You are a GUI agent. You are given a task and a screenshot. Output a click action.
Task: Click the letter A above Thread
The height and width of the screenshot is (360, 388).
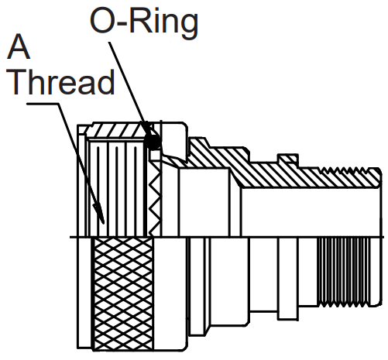(19, 46)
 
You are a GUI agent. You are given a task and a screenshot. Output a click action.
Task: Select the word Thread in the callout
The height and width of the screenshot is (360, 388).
(60, 81)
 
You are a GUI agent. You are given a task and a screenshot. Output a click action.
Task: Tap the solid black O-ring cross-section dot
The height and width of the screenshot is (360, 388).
(153, 142)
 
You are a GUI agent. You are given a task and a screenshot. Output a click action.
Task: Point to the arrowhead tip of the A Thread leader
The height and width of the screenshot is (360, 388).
(103, 224)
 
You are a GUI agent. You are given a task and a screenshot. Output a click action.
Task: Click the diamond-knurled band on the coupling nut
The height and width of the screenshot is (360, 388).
(123, 293)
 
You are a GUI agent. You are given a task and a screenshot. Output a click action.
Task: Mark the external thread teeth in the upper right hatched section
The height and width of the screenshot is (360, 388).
(343, 170)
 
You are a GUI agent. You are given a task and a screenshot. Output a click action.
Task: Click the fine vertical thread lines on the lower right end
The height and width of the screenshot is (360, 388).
(344, 272)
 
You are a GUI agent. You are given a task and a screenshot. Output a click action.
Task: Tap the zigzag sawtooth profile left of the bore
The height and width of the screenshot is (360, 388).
(155, 198)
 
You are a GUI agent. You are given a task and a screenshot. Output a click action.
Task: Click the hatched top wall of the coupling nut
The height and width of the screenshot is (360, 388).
(118, 130)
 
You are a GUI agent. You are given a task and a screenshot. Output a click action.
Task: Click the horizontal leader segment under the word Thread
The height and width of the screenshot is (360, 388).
(43, 104)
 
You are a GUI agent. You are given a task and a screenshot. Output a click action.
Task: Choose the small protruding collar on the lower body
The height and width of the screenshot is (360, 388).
(288, 279)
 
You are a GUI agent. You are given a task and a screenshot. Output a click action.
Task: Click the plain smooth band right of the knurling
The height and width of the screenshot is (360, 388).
(170, 293)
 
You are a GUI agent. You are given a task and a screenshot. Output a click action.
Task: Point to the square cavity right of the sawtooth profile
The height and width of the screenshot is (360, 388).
(204, 202)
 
